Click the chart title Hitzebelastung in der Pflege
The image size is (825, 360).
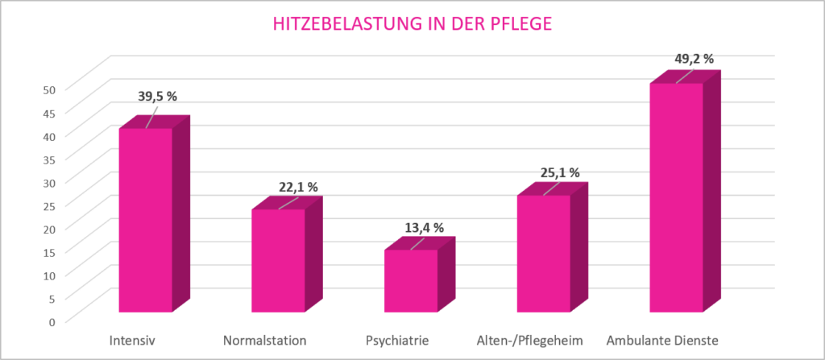[x=412, y=24]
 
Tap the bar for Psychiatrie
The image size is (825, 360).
[x=410, y=281]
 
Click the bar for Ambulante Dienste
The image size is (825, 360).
[x=675, y=197]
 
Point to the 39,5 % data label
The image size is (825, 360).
[x=157, y=97]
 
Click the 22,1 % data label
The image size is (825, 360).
[x=298, y=187]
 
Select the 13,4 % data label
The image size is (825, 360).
[x=425, y=228]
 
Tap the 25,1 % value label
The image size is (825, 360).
[x=559, y=173]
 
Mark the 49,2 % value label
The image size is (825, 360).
[x=694, y=59]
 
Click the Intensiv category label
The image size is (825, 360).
[x=132, y=340]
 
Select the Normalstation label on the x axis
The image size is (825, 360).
[x=265, y=340]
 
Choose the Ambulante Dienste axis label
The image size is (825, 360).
[x=662, y=340]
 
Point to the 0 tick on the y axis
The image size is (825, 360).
[x=52, y=322]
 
